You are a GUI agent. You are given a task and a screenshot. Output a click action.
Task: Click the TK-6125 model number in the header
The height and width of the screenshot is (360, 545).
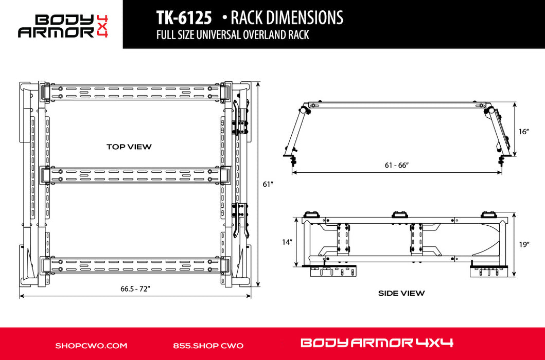[184, 18]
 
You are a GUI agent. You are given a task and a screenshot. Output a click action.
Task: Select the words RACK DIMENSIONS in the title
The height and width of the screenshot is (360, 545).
[287, 18]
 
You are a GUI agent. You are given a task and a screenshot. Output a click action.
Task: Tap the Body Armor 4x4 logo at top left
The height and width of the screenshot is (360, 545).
[63, 25]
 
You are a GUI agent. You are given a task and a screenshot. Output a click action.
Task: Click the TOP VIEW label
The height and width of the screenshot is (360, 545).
[129, 147]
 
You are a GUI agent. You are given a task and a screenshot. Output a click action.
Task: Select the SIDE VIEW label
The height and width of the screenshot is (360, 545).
[401, 293]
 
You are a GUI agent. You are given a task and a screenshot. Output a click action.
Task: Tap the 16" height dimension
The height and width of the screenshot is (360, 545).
[524, 132]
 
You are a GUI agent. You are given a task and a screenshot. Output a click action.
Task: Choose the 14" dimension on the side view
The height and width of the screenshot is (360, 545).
[287, 241]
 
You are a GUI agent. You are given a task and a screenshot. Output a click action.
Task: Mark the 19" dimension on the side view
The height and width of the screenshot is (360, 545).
[524, 245]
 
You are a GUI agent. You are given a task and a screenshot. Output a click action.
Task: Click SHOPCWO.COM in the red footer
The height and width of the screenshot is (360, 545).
[91, 346]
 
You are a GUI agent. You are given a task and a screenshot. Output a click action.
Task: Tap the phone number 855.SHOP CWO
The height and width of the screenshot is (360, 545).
[208, 346]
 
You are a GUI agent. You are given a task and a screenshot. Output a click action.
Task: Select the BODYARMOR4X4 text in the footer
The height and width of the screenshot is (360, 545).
[376, 343]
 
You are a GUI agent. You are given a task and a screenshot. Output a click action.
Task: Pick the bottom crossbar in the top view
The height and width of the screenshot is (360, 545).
[135, 265]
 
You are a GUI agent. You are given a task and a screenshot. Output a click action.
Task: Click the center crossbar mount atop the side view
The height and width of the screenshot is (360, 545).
[398, 214]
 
